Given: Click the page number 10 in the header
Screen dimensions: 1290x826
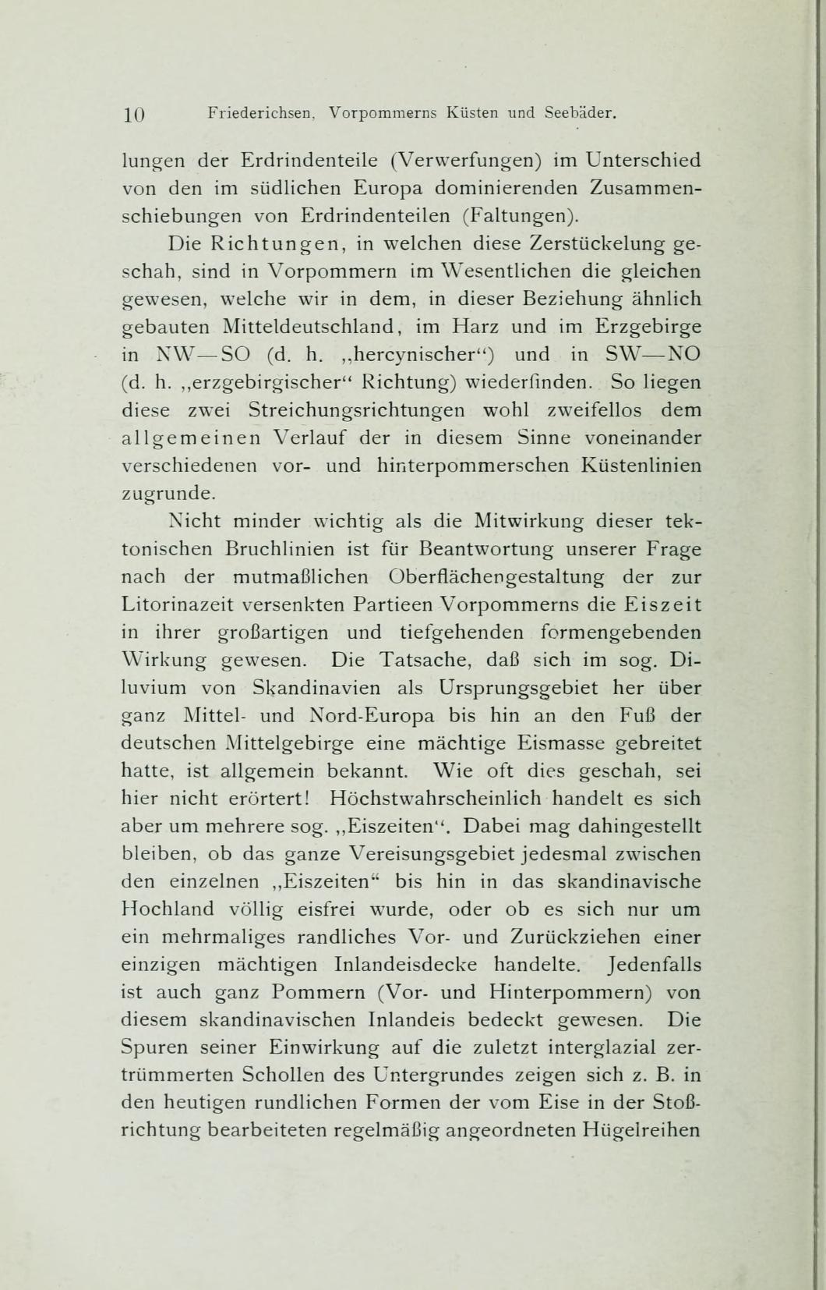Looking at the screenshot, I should [x=134, y=114].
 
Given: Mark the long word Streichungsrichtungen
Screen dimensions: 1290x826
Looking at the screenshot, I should [x=358, y=409].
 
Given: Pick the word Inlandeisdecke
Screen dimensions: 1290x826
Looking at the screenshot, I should [x=416, y=965].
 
